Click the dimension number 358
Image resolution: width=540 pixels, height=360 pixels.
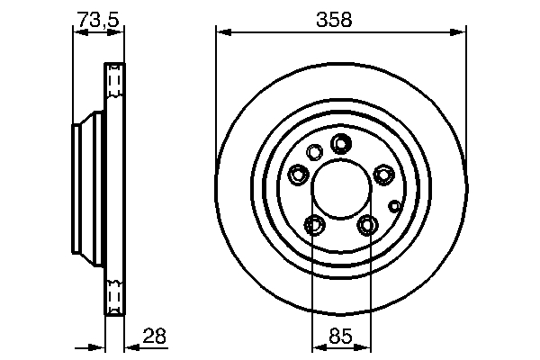340,17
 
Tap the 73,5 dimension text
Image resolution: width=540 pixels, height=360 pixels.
94,17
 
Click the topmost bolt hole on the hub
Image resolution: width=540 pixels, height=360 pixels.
341,143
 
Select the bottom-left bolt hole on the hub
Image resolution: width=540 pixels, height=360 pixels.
314,224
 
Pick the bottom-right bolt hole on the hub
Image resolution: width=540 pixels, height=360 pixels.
367,224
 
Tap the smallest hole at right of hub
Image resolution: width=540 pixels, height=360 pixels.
393,205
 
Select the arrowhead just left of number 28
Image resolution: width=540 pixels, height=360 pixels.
128,347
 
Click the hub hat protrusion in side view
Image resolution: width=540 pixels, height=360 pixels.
81,190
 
